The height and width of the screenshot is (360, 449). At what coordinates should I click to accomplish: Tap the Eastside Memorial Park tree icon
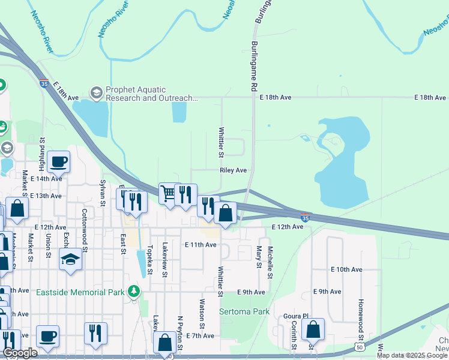click(x=133, y=292)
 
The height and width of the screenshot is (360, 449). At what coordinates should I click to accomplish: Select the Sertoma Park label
click(x=244, y=312)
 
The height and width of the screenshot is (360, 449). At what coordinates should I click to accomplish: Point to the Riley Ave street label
click(x=234, y=170)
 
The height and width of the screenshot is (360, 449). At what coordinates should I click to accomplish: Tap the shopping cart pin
click(x=169, y=193)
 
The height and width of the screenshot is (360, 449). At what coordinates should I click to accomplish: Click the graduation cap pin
click(x=70, y=259)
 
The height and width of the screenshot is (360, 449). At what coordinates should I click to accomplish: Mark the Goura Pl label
click(x=296, y=316)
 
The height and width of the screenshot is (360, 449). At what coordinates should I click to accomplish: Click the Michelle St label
click(x=271, y=262)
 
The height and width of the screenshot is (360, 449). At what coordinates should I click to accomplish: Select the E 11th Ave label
click(x=200, y=245)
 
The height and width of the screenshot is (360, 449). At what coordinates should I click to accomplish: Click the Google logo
click(x=20, y=353)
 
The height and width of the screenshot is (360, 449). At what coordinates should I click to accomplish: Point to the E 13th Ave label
click(x=46, y=196)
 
